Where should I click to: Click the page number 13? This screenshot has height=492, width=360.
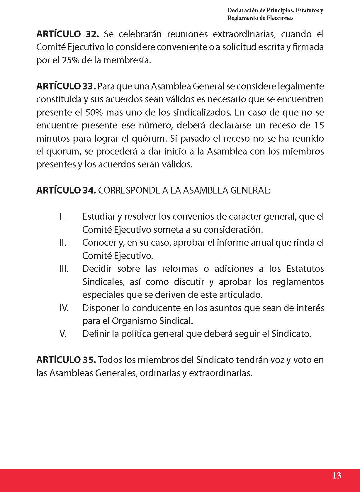(x=337, y=475)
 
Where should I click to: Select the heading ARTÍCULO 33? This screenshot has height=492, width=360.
(x=66, y=86)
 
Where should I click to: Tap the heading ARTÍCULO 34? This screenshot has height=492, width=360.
(x=66, y=191)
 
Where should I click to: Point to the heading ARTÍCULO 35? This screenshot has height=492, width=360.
(x=66, y=360)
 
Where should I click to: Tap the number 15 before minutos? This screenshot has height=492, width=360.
(x=319, y=125)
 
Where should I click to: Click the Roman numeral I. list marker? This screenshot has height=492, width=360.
(x=62, y=217)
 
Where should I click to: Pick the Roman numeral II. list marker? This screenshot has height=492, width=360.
(x=63, y=243)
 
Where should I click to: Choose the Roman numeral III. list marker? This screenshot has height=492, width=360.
(x=64, y=269)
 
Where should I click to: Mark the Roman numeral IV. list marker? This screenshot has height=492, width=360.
(x=64, y=308)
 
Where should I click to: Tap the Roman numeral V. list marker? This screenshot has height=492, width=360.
(x=63, y=334)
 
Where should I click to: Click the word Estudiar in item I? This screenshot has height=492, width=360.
(x=99, y=217)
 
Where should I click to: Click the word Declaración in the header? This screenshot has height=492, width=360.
(x=242, y=11)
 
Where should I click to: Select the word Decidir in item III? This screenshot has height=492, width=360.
(x=96, y=269)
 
